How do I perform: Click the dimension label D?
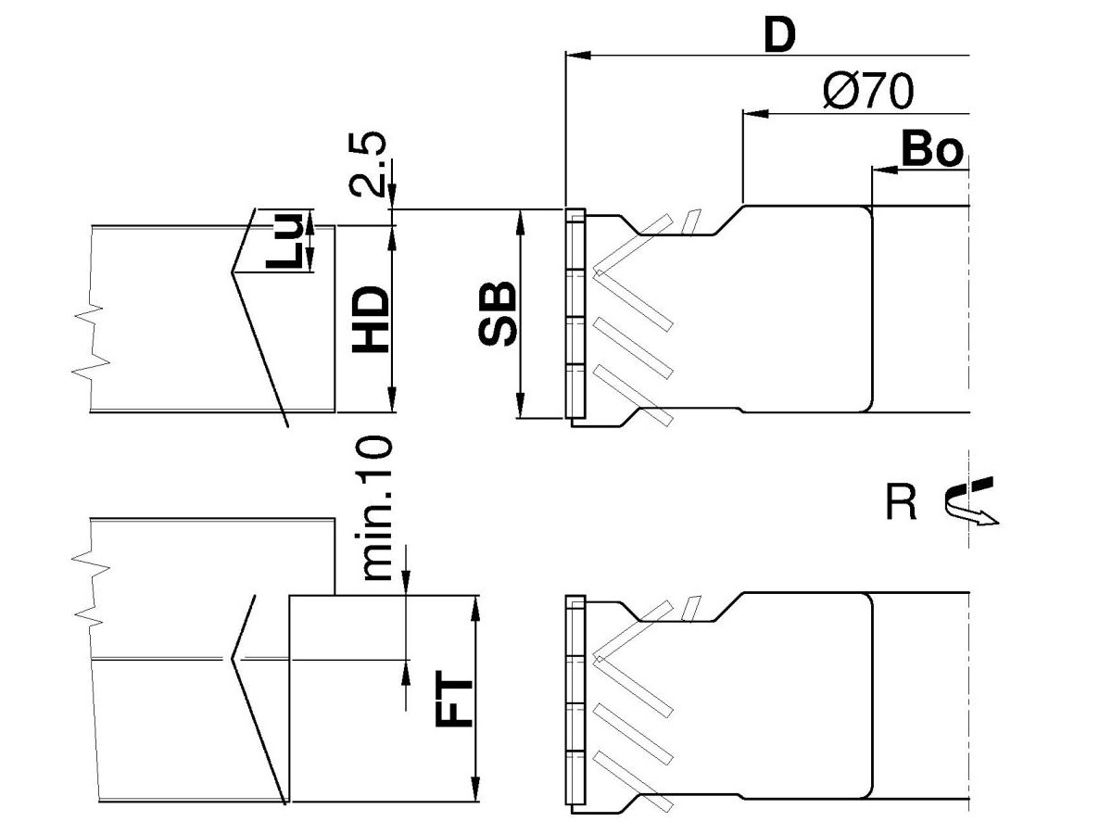[x=780, y=36]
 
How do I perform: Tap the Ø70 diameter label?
[x=868, y=91]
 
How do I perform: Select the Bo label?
[x=932, y=150]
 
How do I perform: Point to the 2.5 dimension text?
[x=368, y=164]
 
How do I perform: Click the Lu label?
[x=284, y=241]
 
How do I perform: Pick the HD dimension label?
[x=371, y=319]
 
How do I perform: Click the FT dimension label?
[x=454, y=699]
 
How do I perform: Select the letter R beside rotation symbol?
[x=901, y=502]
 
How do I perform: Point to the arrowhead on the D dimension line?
[x=578, y=55]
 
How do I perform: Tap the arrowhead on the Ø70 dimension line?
[x=755, y=113]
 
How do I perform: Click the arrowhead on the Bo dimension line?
[x=885, y=170]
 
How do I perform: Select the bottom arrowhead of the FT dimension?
[x=475, y=789]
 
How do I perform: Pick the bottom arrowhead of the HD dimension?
[x=392, y=399]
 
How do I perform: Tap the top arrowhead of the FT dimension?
[x=475, y=608]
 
